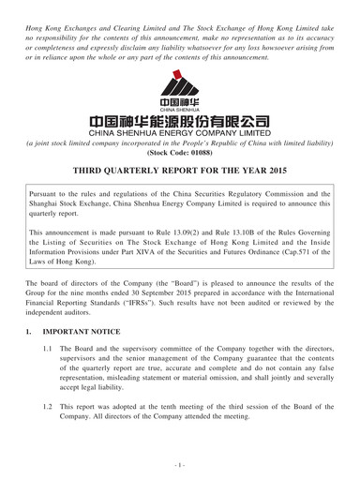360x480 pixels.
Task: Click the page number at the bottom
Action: (180, 465)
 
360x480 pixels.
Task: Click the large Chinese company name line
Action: (180, 122)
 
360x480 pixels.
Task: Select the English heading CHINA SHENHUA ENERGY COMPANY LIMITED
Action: (180, 134)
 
